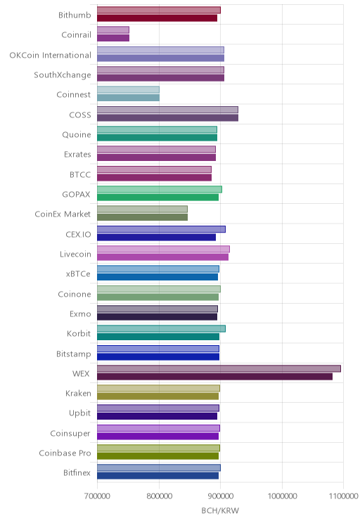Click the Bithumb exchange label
click(75, 15)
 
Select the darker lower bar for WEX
click(214, 377)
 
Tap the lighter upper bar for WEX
click(219, 368)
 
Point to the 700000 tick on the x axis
click(97, 496)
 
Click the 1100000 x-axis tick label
click(343, 496)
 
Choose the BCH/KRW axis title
click(220, 510)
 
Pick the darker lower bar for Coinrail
click(113, 38)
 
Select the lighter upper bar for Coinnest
click(128, 90)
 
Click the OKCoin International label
click(50, 55)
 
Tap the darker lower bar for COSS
click(167, 117)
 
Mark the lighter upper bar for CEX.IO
click(161, 229)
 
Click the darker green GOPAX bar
click(157, 198)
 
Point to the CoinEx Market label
click(63, 214)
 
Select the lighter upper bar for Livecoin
click(163, 249)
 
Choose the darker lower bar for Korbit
click(158, 337)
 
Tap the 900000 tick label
click(220, 496)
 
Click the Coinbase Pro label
click(65, 453)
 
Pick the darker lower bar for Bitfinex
click(157, 476)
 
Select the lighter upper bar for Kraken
click(158, 389)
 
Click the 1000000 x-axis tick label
click(282, 496)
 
